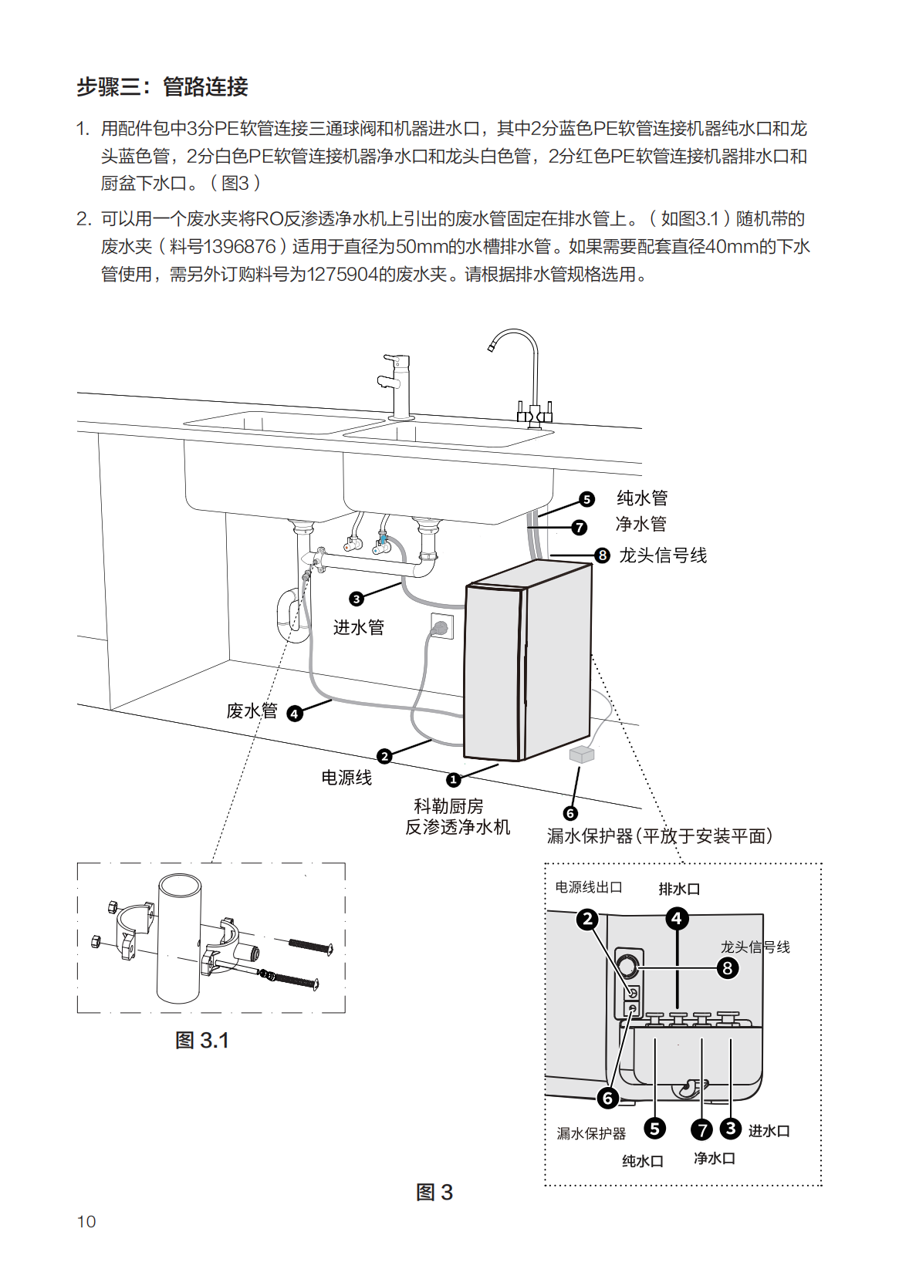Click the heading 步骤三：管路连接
pos(162,87)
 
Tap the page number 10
pos(86,1221)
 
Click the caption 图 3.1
pos(202,1041)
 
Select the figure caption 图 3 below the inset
pos(434,1193)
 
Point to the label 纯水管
pos(642,498)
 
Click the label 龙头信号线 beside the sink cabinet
pos(663,555)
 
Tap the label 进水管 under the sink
pos(359,627)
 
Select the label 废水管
pos(252,711)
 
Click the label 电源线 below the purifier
pos(346,778)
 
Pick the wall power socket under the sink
pos(441,626)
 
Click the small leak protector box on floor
pos(582,754)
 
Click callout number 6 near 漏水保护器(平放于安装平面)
pos(570,813)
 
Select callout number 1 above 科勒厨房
pos(454,779)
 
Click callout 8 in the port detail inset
pos(727,968)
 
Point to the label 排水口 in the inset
pos(679,889)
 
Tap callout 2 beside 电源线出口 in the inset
pos(588,919)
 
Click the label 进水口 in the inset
pos(769,1131)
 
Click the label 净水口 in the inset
pos(715,1159)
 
